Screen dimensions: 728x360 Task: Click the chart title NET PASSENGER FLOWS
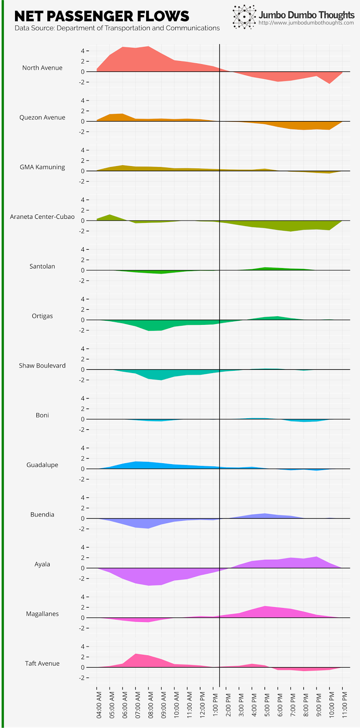point(101,16)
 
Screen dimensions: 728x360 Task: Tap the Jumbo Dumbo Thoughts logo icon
point(244,17)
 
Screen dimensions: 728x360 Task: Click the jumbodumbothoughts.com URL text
point(306,23)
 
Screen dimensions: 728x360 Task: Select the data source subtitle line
point(117,28)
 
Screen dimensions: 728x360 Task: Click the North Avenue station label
point(42,68)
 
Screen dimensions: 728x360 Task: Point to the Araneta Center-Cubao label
point(42,217)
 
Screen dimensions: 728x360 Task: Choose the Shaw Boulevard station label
point(42,365)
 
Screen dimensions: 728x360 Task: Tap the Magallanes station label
point(42,614)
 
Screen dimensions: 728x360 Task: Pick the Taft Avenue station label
point(42,663)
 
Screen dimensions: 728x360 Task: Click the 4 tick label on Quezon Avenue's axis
point(82,100)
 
